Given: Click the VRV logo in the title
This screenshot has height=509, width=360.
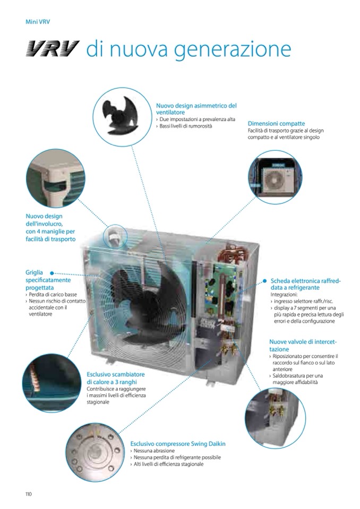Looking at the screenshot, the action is coord(53,49).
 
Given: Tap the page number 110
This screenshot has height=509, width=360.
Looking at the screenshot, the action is coord(29,494).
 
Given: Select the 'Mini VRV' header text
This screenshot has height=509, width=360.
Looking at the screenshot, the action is coord(38,22).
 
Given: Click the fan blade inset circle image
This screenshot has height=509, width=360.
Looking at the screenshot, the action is coord(122,117).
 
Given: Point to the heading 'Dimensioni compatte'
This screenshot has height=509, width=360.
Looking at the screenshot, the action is coord(276,123).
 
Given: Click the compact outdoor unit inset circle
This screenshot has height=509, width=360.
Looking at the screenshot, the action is coord(275,177).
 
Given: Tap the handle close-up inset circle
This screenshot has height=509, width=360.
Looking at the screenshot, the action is coord(56,178).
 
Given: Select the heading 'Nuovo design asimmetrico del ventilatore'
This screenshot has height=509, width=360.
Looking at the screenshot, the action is coord(196,109).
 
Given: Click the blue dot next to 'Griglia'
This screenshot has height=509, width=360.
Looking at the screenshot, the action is coord(52,273).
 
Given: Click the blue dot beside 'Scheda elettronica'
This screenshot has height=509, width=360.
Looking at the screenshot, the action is coord(265,281).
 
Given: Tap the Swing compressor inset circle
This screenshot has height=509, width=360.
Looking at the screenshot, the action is coord(95,452).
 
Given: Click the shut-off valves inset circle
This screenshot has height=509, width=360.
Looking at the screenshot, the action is coord(275,418).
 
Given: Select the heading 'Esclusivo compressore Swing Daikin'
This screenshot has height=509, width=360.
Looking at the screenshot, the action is coord(178,444).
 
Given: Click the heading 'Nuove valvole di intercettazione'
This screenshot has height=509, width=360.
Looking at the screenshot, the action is coord(303,346).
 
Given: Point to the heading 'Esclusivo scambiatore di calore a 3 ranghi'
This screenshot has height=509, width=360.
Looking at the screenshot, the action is coord(116,378).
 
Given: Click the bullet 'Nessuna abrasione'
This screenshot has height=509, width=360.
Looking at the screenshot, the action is coord(152,451).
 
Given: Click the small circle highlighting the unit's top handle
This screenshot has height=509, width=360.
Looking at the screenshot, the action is coord(115,237).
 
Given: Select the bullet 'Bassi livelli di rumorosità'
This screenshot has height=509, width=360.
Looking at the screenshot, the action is coord(184,126).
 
